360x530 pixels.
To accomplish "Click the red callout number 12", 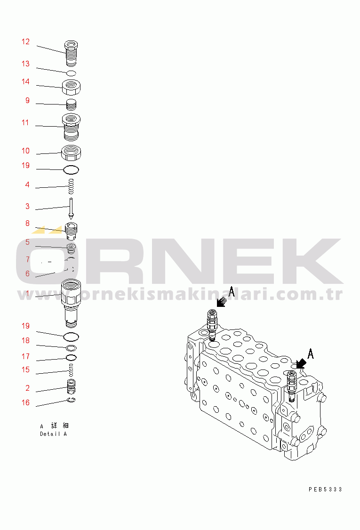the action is (x=26, y=41).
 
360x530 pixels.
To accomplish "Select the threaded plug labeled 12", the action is (x=71, y=53).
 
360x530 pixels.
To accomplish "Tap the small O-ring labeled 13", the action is (x=71, y=73).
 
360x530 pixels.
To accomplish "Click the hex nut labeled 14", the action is (x=72, y=88).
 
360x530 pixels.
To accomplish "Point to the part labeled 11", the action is (x=72, y=127).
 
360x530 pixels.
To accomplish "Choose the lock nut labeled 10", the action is (x=71, y=153).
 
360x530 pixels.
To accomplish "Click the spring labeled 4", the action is (x=71, y=186).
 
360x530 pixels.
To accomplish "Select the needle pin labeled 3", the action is (x=71, y=208).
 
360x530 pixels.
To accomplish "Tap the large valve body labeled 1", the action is (x=71, y=303).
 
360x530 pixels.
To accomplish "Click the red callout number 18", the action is (x=26, y=340).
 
